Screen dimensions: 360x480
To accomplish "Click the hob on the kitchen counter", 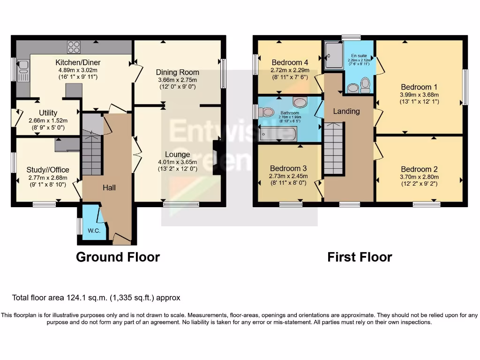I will [74, 47].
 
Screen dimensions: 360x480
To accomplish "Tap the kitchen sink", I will [22, 73].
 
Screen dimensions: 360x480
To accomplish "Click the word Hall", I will [109, 187].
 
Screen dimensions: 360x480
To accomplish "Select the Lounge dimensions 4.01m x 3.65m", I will [177, 162].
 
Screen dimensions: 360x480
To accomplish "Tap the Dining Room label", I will [178, 72].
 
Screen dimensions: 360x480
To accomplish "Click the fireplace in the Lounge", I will [216, 158].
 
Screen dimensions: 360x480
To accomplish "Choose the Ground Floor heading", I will [118, 257].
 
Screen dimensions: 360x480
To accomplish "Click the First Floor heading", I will [360, 257].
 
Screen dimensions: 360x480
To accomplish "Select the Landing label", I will [346, 111].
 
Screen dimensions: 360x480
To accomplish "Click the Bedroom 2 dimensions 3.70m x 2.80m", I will [419, 177].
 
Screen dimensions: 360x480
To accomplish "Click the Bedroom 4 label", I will [290, 62].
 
